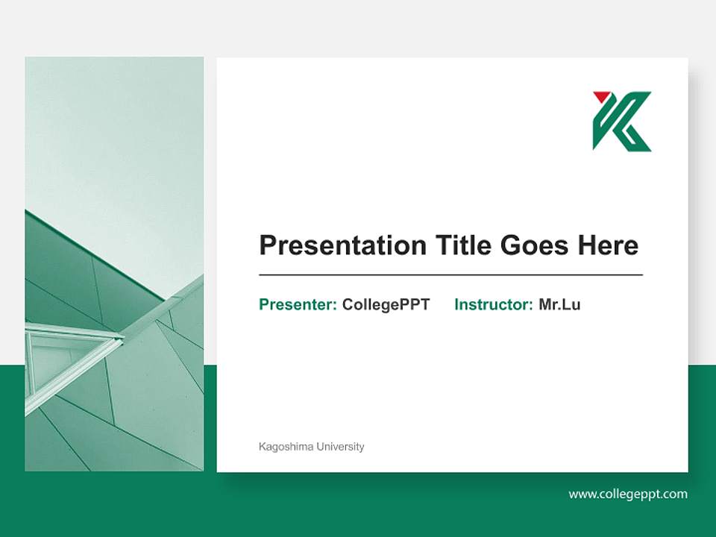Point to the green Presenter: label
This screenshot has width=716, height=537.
pyautogui.click(x=298, y=304)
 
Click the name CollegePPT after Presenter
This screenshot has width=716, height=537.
pyautogui.click(x=386, y=304)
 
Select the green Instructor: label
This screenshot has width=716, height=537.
pyautogui.click(x=493, y=304)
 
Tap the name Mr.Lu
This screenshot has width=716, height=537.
pyautogui.click(x=559, y=304)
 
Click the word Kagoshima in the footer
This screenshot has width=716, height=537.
pyautogui.click(x=286, y=447)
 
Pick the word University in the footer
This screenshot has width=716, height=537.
pyautogui.click(x=340, y=447)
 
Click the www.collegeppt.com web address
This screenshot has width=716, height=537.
pyautogui.click(x=628, y=494)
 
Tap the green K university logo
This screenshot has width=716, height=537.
pyautogui.click(x=624, y=123)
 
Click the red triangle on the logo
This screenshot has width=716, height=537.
pyautogui.click(x=601, y=97)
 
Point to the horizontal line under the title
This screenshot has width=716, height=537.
pyautogui.click(x=450, y=275)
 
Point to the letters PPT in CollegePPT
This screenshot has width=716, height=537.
pyautogui.click(x=415, y=304)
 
